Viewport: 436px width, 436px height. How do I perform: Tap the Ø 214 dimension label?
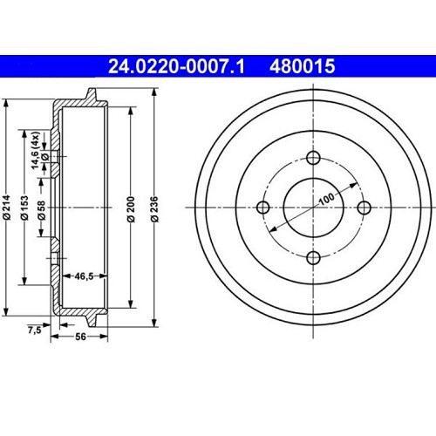[x=7, y=207]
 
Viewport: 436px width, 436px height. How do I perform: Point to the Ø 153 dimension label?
[x=24, y=207]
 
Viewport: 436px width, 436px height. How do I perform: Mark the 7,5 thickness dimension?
[x=34, y=330]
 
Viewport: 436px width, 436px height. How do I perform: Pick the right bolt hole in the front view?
[x=363, y=208]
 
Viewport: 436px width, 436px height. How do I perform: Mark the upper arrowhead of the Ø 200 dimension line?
[x=129, y=109]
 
